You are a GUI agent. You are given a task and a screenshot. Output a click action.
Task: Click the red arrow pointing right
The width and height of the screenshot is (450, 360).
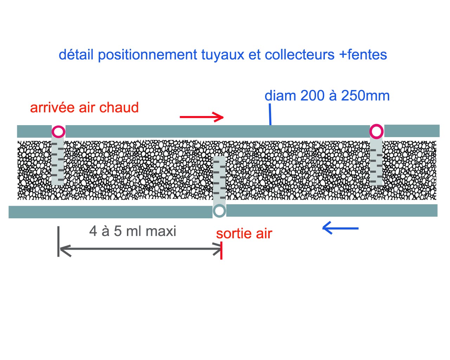coord(202,117)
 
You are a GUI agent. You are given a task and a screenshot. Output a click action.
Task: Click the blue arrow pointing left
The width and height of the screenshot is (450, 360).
coord(340,228)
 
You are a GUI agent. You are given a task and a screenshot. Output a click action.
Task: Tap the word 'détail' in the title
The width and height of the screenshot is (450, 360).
coord(76,55)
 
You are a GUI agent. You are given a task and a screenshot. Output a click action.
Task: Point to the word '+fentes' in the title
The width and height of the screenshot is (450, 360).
coord(363,55)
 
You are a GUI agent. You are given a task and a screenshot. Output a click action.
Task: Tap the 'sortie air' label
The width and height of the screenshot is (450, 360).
coord(244,233)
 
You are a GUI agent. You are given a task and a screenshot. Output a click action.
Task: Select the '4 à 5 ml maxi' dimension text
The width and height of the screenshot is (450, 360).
coord(133,231)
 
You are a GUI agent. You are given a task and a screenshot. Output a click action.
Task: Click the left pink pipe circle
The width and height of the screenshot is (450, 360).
coord(58,132)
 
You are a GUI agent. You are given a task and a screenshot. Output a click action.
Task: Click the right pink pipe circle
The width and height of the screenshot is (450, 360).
coord(376,131)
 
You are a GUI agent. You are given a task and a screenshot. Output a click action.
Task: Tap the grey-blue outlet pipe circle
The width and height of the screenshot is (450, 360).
coord(219,211)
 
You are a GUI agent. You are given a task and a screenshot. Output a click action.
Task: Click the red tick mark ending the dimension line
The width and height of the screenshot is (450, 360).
coord(221,250)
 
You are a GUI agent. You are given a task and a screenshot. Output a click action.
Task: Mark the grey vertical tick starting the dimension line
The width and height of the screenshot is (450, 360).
coord(58,242)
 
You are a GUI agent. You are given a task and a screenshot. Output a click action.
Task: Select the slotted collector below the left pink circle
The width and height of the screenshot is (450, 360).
coord(58,162)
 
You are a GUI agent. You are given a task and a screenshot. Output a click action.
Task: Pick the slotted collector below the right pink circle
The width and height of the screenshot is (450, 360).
coord(376,162)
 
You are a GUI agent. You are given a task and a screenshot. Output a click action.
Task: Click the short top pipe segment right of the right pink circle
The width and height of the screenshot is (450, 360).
coord(412,131)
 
